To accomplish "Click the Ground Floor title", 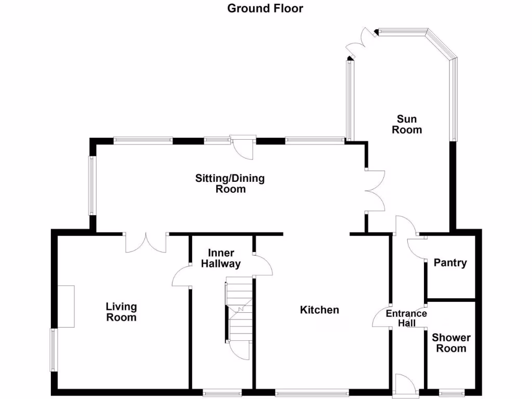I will click(265, 8).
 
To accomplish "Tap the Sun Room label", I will click(407, 124).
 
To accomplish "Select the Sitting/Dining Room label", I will click(230, 184).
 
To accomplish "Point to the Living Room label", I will click(121, 312).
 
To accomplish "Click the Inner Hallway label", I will click(224, 258).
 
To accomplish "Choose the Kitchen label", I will click(320, 310).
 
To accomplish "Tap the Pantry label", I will click(450, 263).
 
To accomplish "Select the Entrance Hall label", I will click(406, 318).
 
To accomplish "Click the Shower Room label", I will click(451, 343).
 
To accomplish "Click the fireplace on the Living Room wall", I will click(66, 307).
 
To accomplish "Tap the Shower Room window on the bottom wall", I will click(450, 392).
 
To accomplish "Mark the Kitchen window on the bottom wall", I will click(309, 392).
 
